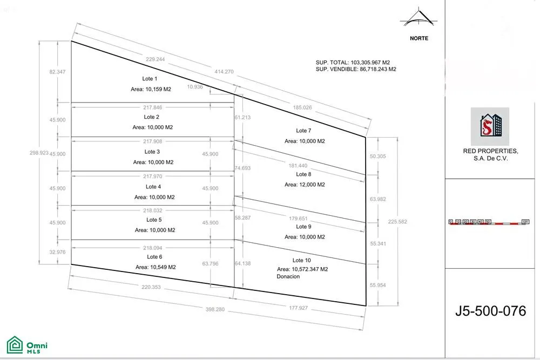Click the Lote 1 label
click(x=150, y=79)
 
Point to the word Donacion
click(x=288, y=276)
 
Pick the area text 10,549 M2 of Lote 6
click(x=156, y=267)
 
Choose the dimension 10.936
click(x=195, y=87)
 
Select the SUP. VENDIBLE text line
click(x=356, y=70)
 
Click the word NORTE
click(x=418, y=38)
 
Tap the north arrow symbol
click(x=419, y=18)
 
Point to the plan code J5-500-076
click(x=490, y=311)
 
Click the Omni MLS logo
click(x=27, y=345)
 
